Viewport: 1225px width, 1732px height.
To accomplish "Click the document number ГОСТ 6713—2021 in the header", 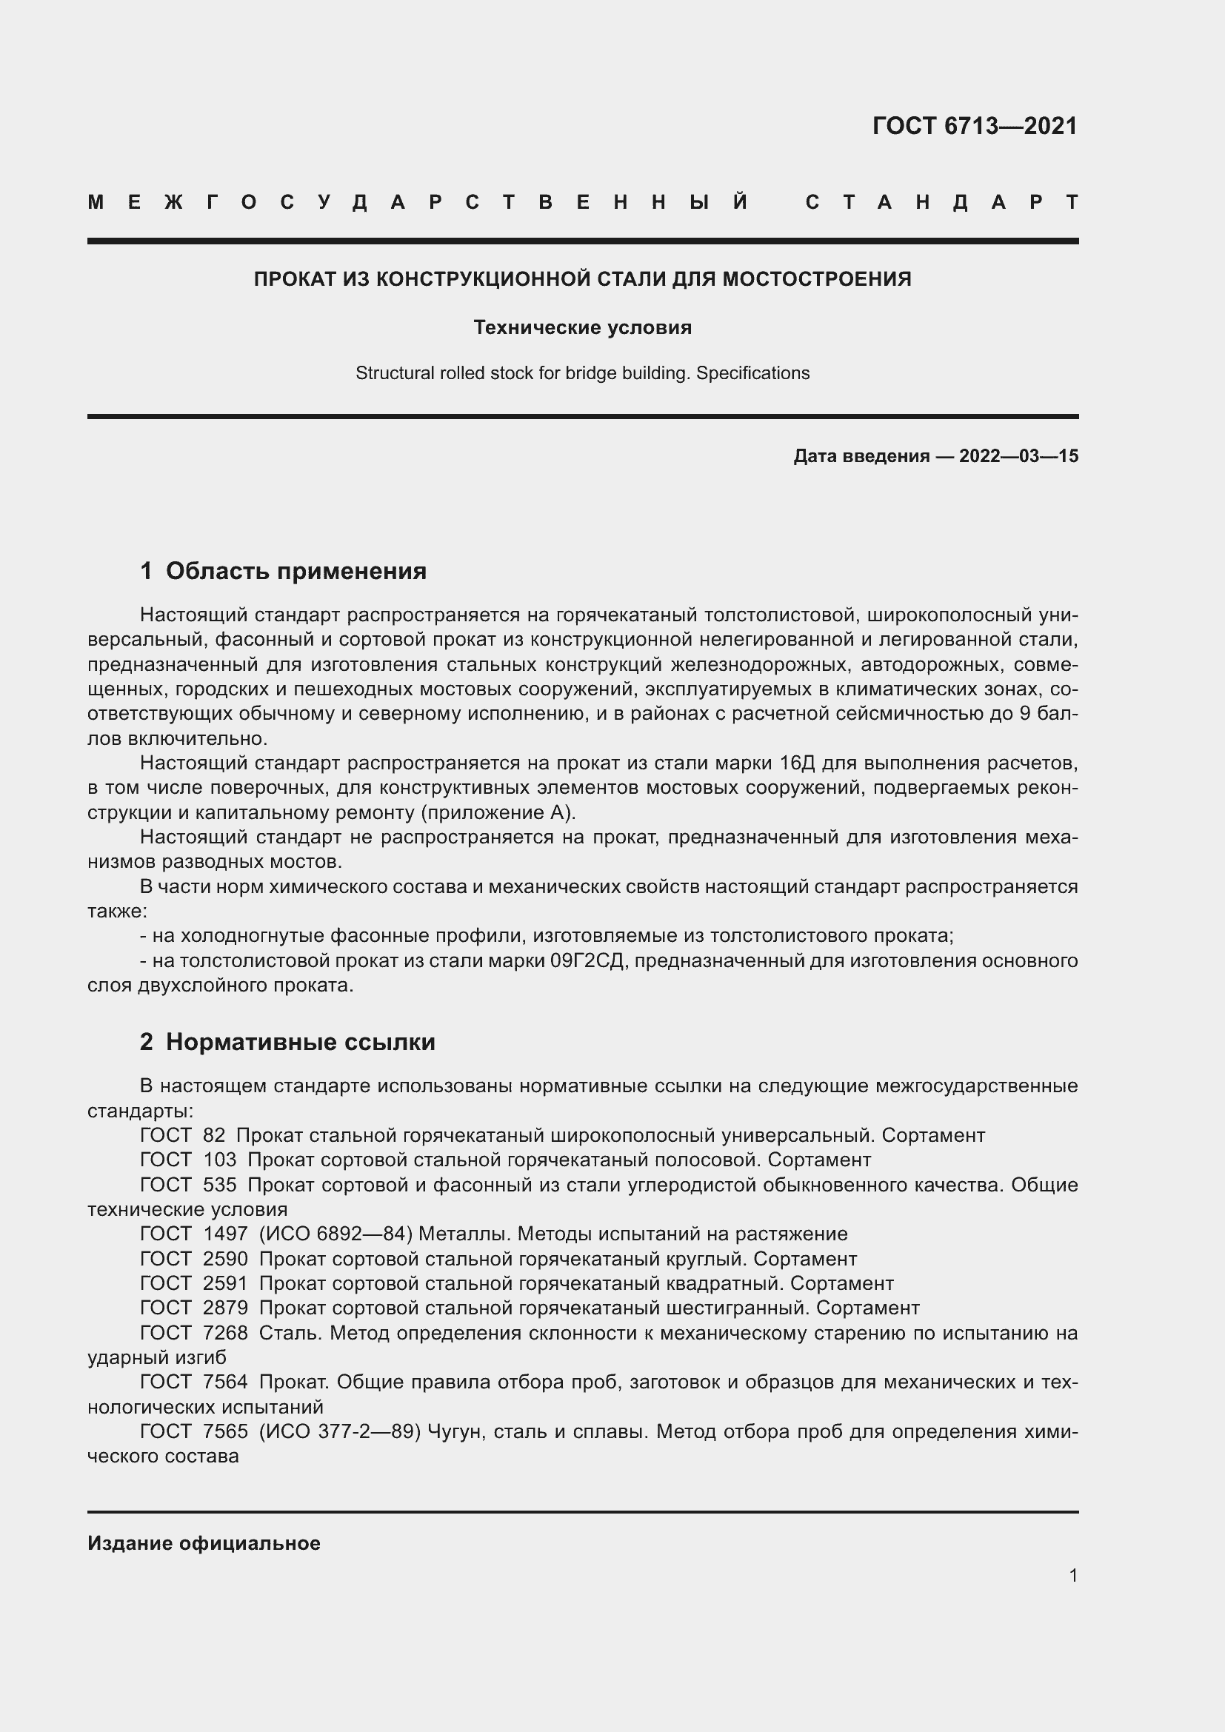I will point(975,125).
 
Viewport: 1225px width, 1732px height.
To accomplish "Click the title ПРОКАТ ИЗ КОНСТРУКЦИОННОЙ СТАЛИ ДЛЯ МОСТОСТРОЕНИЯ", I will point(582,279).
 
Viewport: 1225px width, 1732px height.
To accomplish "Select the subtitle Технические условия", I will point(582,327).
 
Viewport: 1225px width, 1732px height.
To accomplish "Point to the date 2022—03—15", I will point(1018,455).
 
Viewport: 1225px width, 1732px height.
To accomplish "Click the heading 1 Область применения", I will point(284,571).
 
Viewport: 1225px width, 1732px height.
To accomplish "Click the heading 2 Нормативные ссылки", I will point(287,1042).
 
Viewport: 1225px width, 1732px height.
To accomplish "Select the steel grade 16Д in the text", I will point(798,763).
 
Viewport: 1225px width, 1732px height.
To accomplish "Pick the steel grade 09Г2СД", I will point(587,961).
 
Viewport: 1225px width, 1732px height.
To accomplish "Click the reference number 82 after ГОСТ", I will point(214,1135).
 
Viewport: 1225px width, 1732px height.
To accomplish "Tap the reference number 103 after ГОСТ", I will point(219,1160).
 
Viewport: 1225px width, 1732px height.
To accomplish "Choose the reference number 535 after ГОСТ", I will point(219,1184).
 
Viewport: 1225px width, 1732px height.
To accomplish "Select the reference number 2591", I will point(225,1283).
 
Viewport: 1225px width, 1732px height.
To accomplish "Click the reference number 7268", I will point(225,1333).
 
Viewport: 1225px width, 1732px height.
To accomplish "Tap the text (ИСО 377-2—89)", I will point(339,1432).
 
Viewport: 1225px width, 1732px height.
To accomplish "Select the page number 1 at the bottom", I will point(1073,1575).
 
